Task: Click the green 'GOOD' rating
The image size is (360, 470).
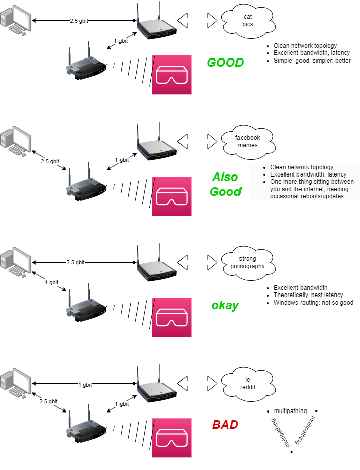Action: click(225, 63)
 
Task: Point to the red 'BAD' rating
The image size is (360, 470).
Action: click(225, 425)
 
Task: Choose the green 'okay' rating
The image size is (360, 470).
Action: click(225, 306)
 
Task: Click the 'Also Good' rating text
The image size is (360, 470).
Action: click(225, 185)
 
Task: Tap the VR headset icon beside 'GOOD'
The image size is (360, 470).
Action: click(172, 75)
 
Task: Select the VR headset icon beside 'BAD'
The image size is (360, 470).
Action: click(172, 437)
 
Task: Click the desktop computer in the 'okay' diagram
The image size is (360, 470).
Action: click(15, 263)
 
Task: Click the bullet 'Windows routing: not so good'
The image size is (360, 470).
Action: click(313, 303)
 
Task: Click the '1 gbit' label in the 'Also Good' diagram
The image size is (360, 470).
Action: click(122, 160)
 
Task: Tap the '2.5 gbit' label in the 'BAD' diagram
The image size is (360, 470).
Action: click(49, 401)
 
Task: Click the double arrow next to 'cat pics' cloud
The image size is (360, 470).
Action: click(198, 20)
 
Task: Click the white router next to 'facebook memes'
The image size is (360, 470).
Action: click(156, 142)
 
